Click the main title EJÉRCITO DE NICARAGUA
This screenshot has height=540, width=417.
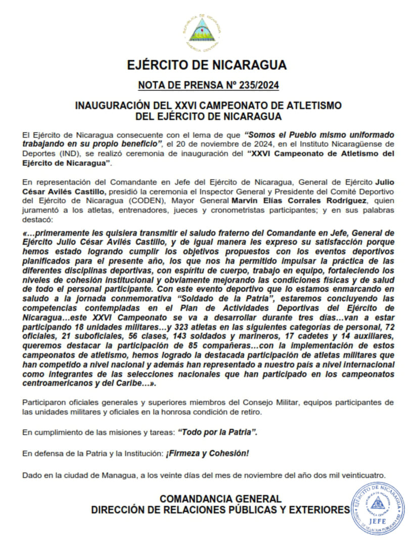tap(207, 65)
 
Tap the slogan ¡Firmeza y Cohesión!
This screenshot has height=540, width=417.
tap(207, 454)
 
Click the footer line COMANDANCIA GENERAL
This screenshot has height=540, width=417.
tap(220, 499)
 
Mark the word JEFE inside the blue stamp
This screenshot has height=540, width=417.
tap(378, 519)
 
